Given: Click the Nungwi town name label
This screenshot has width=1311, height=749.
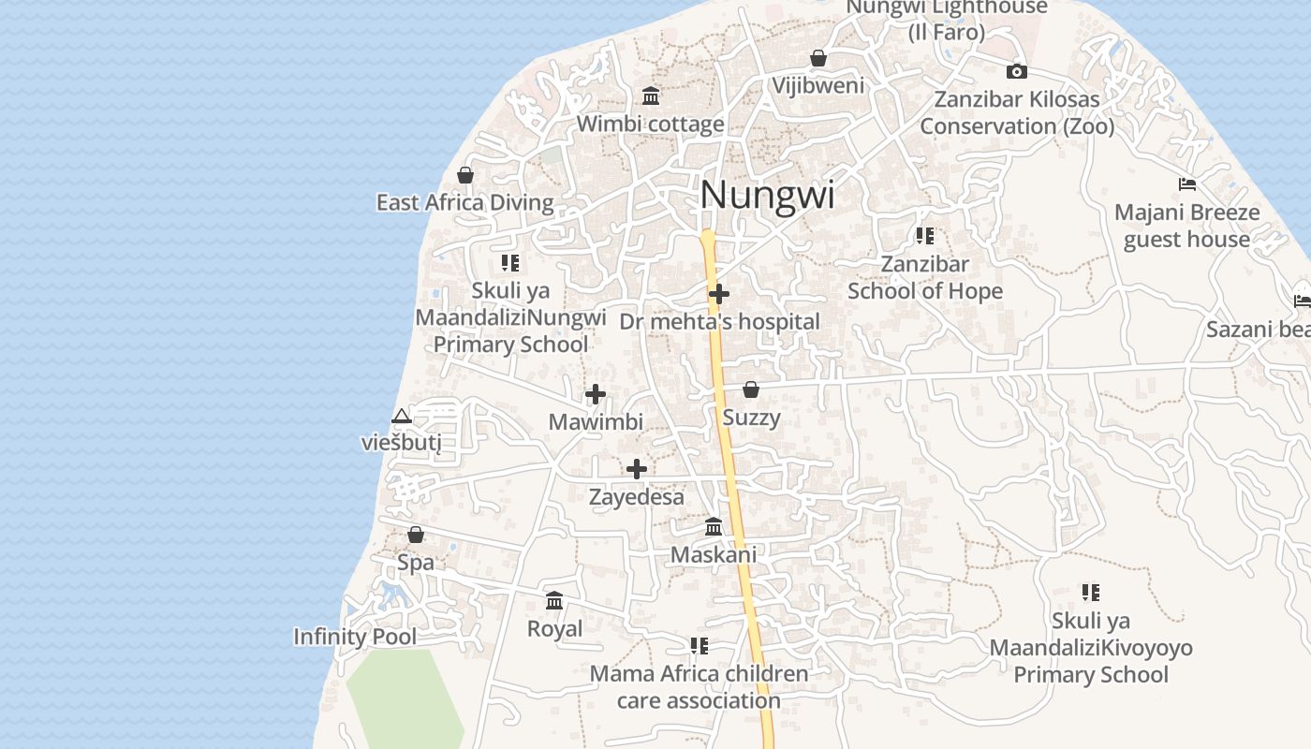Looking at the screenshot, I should click(767, 195).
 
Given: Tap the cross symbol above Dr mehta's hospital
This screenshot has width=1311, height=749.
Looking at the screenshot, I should click(719, 294).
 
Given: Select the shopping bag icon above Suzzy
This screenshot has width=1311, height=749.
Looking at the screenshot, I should click(751, 389).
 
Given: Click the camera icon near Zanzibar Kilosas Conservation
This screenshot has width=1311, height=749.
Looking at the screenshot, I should click(1017, 71).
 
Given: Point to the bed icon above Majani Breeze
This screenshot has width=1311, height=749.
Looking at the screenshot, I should click(1187, 184).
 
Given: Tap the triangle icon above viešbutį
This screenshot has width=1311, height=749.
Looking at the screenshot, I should click(402, 416).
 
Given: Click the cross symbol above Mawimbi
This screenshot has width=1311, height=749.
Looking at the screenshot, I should click(596, 394).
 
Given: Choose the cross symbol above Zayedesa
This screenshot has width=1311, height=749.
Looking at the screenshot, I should click(637, 469).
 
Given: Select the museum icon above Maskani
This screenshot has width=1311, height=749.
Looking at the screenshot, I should click(714, 526).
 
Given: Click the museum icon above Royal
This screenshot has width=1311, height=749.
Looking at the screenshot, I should click(554, 600).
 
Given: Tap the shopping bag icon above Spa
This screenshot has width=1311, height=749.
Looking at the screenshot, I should click(416, 535).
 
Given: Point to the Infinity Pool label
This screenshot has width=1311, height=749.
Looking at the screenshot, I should click(355, 637).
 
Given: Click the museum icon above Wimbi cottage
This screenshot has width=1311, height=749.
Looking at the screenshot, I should click(651, 95).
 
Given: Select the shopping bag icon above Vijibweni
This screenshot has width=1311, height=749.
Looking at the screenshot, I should click(818, 58).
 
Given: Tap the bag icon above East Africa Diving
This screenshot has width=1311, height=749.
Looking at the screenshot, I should click(465, 175).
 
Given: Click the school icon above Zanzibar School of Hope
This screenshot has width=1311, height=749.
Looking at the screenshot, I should click(925, 236).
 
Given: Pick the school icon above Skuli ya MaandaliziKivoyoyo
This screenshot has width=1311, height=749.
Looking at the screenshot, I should click(1091, 593).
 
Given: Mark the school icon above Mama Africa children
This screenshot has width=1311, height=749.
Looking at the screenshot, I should click(699, 646).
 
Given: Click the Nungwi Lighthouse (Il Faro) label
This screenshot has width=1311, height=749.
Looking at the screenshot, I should click(947, 20).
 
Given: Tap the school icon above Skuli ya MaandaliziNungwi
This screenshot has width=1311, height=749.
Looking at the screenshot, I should click(510, 263).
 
